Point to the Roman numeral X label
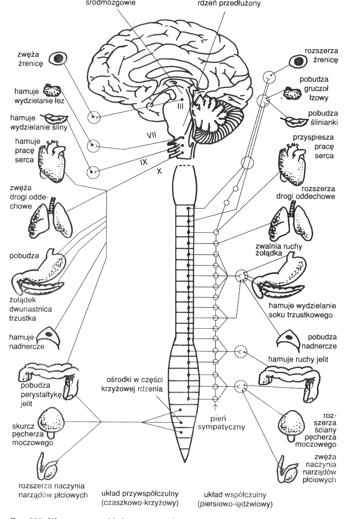160,171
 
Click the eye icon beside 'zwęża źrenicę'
58,58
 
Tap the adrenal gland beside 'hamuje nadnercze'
48,338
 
